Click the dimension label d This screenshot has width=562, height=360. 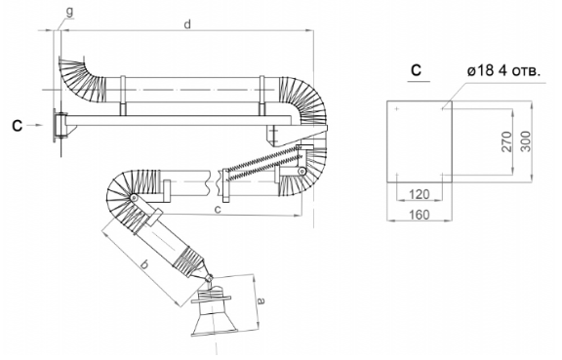(x=187, y=24)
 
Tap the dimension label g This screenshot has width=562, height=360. (x=69, y=12)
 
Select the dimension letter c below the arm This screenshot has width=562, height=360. (x=218, y=210)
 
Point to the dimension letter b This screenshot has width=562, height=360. (x=144, y=265)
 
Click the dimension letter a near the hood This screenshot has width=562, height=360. (x=261, y=300)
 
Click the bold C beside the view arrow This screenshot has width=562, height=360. (x=17, y=126)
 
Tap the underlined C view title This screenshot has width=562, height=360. (x=416, y=70)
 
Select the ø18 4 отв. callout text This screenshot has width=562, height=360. (x=503, y=70)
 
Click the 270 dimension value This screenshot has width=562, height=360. (x=506, y=141)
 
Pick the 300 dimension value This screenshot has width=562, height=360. (x=526, y=141)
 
